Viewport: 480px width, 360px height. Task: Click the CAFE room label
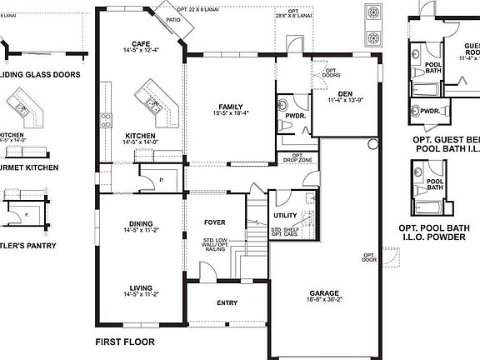[x=140, y=43]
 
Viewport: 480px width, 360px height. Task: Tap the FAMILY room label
[x=231, y=107]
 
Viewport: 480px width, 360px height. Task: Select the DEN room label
[x=337, y=92]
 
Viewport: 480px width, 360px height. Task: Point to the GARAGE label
[x=324, y=293]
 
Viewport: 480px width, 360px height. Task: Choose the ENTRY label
[x=227, y=302]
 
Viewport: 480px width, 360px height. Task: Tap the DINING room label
[x=140, y=223]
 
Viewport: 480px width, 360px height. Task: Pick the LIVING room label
[x=140, y=287]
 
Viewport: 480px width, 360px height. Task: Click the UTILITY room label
[x=285, y=216]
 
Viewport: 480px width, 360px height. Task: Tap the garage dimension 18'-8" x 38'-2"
[x=324, y=302]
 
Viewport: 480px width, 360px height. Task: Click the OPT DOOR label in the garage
[x=367, y=258]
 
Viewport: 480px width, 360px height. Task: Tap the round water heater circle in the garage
[x=372, y=143]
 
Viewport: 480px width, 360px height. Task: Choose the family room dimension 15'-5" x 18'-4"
[x=231, y=114]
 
